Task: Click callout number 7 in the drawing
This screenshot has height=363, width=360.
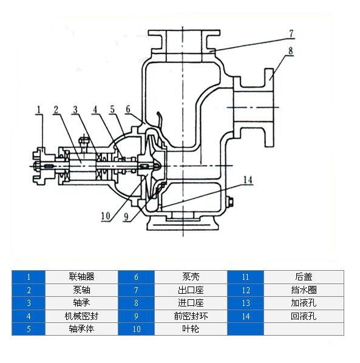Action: coord(291,33)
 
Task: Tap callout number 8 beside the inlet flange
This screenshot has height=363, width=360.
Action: coord(291,51)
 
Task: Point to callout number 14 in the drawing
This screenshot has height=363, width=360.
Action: coord(248,180)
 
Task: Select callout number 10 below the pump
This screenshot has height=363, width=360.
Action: coord(106,216)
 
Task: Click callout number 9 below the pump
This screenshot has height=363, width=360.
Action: coord(126,217)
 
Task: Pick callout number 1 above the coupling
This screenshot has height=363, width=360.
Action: coord(39,110)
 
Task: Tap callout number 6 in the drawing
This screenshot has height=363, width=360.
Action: coord(128,109)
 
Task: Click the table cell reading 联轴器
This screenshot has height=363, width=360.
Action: coord(81,276)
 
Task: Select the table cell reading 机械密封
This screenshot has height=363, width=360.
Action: coord(81,316)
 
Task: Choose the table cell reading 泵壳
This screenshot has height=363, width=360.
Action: coord(191,276)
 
